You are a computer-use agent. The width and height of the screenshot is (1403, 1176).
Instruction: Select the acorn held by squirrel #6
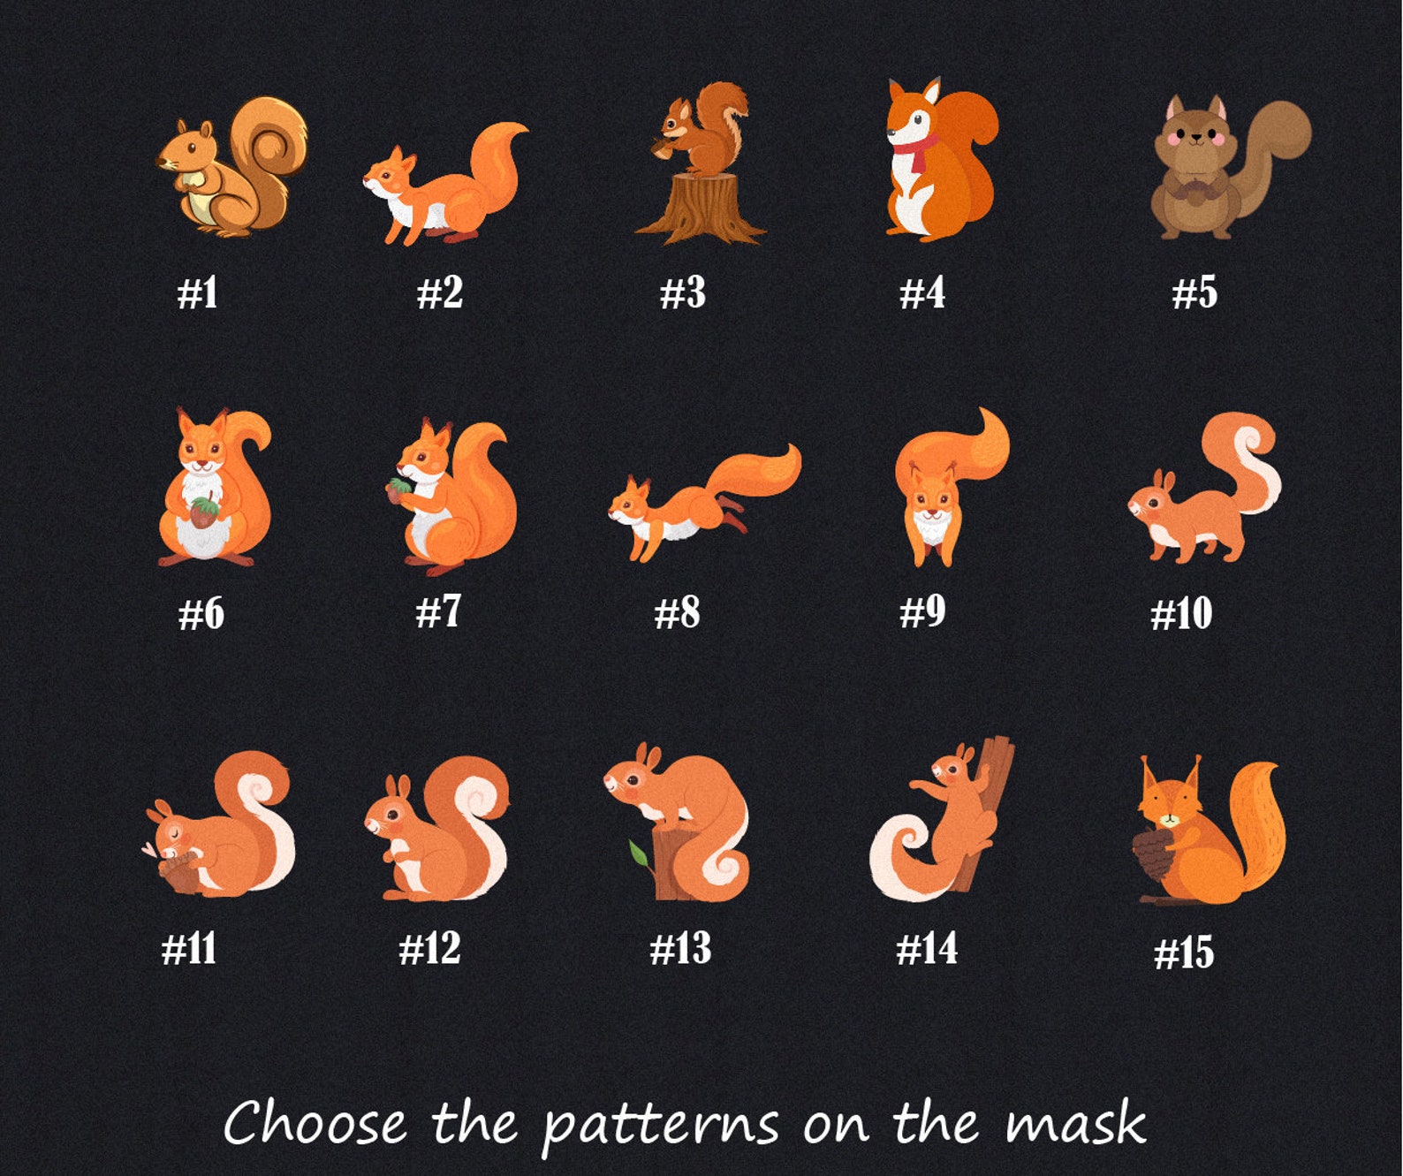point(204,512)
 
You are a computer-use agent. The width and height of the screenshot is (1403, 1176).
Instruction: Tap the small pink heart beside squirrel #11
point(149,849)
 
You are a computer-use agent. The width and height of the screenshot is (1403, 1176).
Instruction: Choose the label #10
point(1181,613)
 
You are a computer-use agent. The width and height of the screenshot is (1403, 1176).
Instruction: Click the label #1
point(198,293)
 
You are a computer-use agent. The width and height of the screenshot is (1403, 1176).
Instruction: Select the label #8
point(677,612)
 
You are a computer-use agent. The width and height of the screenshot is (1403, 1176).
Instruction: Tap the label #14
point(927,948)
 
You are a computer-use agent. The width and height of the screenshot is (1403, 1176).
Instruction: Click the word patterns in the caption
point(661,1125)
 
